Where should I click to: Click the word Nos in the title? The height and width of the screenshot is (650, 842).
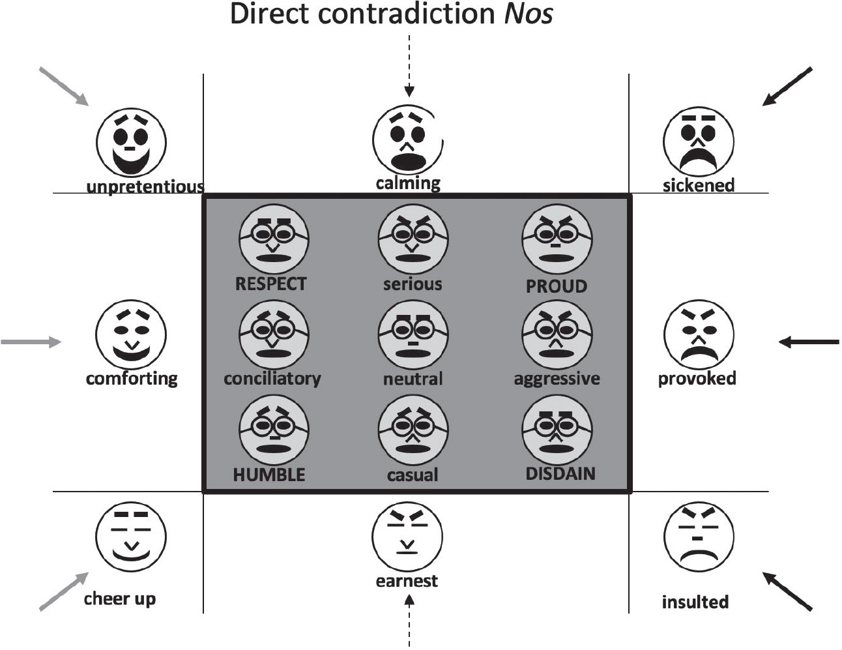coord(529,14)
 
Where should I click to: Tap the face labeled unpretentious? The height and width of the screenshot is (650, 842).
coord(132,143)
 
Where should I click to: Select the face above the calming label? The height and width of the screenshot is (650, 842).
coord(407,139)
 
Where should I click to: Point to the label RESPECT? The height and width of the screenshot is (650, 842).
coord(271,284)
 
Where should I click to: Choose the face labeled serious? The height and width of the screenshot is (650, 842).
coord(413,239)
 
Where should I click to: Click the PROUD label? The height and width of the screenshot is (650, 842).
coord(557,286)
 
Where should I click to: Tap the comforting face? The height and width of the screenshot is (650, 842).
coord(132,334)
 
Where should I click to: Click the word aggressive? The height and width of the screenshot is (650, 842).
coord(557,379)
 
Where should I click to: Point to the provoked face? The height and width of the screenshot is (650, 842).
coord(699,334)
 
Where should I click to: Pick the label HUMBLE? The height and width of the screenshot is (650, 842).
coord(269,475)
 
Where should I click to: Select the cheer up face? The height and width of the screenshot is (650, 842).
coord(132,538)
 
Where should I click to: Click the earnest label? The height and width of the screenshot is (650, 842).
coord(407,581)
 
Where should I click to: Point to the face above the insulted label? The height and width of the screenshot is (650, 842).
coord(699,537)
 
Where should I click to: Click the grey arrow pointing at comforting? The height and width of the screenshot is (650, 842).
coord(31,342)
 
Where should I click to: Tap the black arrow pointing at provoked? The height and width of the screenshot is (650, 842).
coord(809,342)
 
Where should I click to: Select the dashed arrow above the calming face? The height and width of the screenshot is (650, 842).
coord(409,66)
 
